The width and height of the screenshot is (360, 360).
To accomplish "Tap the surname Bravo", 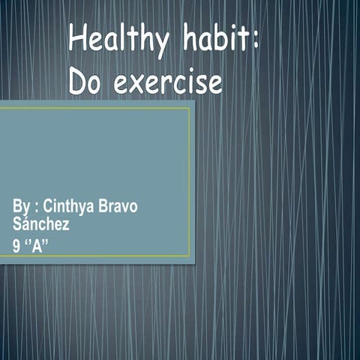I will pyautogui.click(x=120, y=206).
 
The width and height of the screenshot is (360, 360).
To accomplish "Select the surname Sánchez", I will pyautogui.click(x=41, y=223).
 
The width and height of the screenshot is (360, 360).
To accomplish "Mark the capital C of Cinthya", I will pyautogui.click(x=49, y=206).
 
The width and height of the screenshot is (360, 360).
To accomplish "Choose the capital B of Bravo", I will pyautogui.click(x=106, y=206).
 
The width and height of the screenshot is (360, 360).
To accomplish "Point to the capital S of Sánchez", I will pyautogui.click(x=17, y=223).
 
